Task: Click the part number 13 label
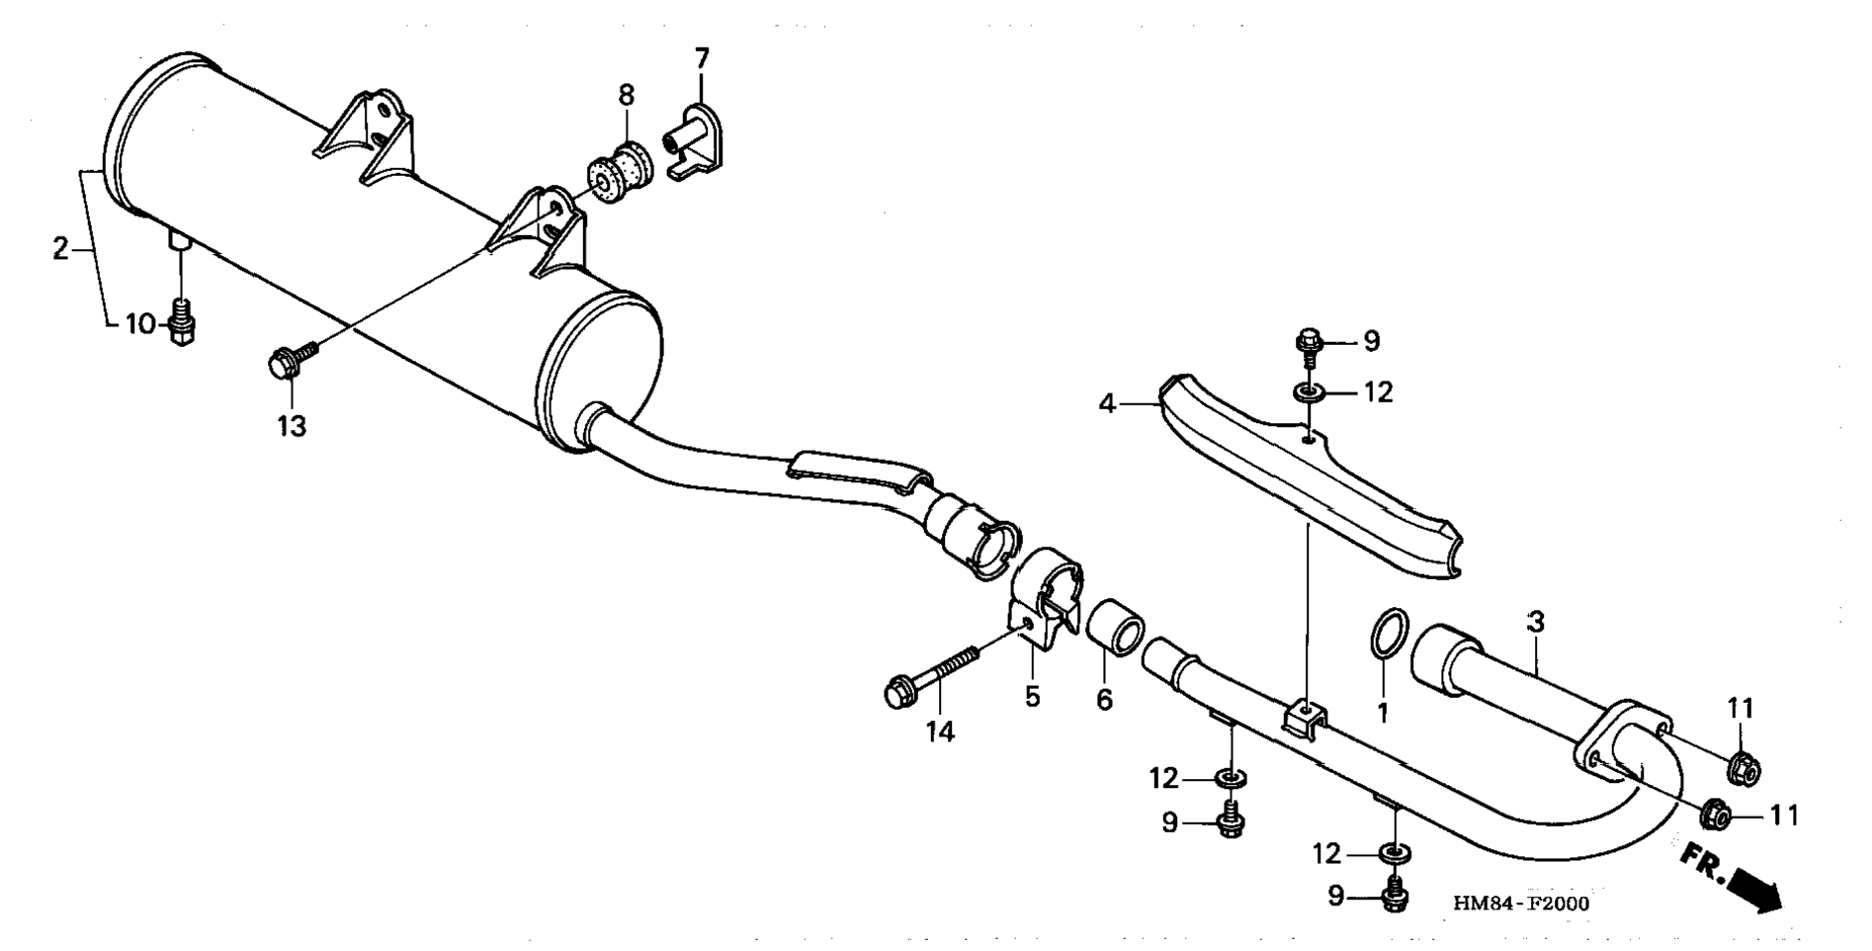pyautogui.click(x=292, y=426)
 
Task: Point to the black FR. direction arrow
pyautogui.click(x=1753, y=886)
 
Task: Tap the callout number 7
pyautogui.click(x=702, y=58)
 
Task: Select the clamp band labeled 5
pyautogui.click(x=1044, y=603)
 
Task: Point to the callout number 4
pyautogui.click(x=1107, y=404)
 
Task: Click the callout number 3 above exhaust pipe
pyautogui.click(x=1535, y=622)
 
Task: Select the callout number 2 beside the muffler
pyautogui.click(x=60, y=249)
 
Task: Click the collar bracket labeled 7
pyautogui.click(x=695, y=143)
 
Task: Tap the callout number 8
pyautogui.click(x=627, y=95)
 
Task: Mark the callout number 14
pyautogui.click(x=940, y=733)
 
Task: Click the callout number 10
pyautogui.click(x=140, y=323)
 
